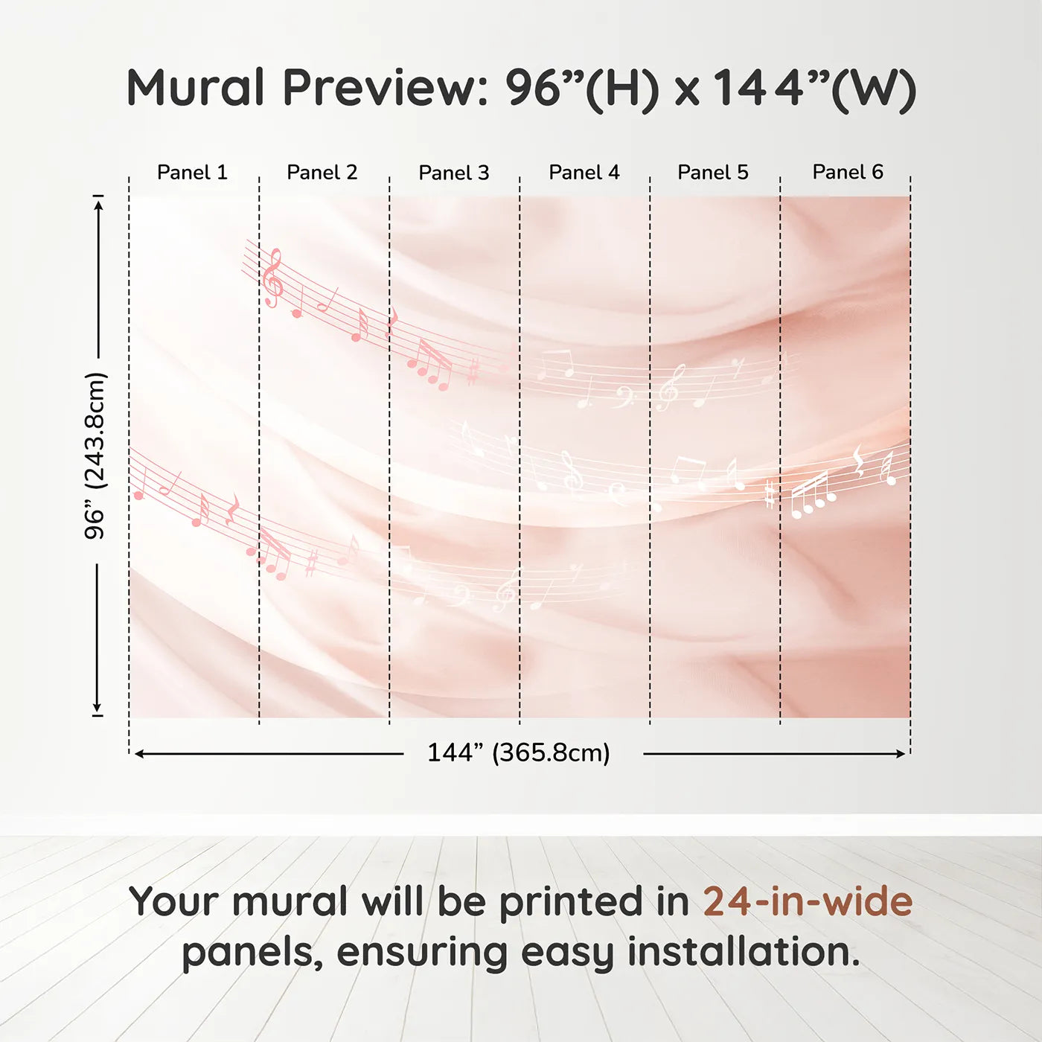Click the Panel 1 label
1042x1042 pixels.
click(193, 173)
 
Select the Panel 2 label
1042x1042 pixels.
click(322, 173)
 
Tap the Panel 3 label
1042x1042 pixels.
click(454, 173)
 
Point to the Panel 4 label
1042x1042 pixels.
click(584, 173)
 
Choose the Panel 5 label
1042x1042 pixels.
click(713, 173)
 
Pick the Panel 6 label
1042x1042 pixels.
click(848, 172)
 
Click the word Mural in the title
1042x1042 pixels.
click(196, 88)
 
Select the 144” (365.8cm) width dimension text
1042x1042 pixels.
click(519, 752)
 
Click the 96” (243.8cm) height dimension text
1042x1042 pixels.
click(96, 456)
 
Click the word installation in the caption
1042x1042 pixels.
click(744, 951)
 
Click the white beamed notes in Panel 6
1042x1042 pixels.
click(812, 495)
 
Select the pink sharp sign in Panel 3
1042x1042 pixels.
click(473, 372)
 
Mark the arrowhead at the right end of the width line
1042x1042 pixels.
click(901, 754)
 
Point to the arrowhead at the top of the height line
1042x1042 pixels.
click(98, 205)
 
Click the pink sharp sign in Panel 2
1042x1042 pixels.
click(311, 563)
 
